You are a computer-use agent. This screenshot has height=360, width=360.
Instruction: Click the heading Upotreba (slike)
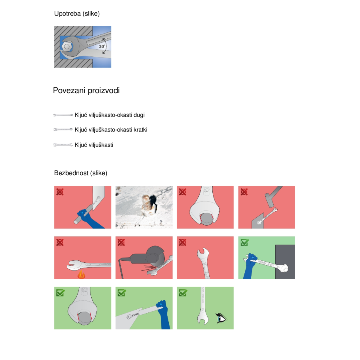(77, 14)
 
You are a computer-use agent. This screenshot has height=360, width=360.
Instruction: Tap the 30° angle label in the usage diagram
(102, 46)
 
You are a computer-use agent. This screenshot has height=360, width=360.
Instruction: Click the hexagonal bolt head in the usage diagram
(67, 47)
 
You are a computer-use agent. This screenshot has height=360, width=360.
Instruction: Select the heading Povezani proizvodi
(86, 90)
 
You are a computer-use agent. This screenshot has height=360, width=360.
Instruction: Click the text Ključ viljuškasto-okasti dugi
(110, 115)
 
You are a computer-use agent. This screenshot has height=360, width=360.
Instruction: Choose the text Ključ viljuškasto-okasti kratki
(111, 130)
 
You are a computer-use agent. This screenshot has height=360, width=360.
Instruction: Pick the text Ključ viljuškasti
(94, 145)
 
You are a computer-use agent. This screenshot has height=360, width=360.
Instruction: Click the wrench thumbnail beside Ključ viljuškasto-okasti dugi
(63, 115)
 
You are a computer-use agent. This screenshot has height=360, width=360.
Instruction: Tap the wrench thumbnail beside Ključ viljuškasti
(63, 145)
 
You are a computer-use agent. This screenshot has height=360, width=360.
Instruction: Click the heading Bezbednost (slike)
(81, 173)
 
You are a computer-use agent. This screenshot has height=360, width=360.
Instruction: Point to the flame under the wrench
(81, 274)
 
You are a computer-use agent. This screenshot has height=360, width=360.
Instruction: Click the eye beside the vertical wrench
(221, 318)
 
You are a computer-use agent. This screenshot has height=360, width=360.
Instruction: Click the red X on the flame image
(60, 242)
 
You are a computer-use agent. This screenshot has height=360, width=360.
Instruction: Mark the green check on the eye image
(183, 293)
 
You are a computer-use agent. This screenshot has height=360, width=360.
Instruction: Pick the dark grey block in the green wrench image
(285, 262)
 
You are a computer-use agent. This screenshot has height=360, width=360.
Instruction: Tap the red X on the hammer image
(244, 192)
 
